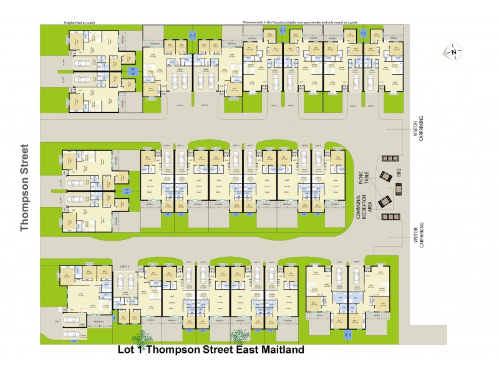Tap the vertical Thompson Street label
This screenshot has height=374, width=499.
point(26,188)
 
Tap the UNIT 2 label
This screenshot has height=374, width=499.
point(124,266)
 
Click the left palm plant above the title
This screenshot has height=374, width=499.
point(143,337)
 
